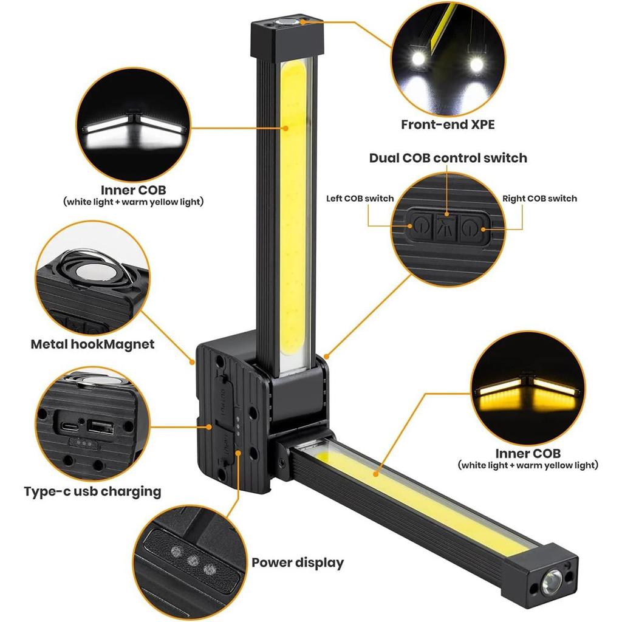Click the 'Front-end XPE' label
point(448,125)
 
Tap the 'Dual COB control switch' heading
point(448,158)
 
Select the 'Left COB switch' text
point(360,199)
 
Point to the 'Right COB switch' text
point(539,199)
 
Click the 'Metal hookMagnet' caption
point(92,344)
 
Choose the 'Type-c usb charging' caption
point(92,491)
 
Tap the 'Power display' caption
point(298,562)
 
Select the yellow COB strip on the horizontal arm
point(425,504)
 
